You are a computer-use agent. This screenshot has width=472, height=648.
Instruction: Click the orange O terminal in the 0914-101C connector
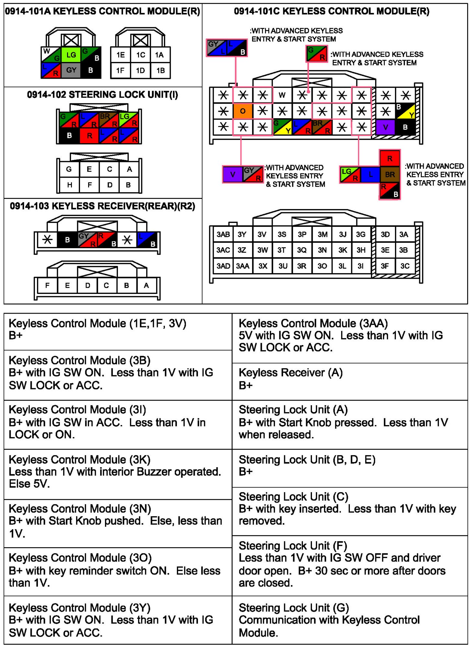tap(243, 111)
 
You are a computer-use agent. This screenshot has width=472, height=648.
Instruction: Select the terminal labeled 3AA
tap(243, 266)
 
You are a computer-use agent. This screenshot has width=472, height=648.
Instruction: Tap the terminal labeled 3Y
tap(242, 234)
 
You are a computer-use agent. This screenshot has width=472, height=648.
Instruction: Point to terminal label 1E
tap(121, 55)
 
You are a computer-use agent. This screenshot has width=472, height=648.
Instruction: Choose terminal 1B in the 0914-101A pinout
tap(161, 70)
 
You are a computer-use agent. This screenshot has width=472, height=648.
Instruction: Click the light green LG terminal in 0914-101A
tap(71, 55)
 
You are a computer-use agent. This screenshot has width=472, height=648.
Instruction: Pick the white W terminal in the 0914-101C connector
tap(282, 95)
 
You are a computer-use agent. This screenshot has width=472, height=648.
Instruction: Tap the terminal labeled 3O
tap(322, 266)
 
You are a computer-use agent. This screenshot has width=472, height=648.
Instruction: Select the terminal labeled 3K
tap(342, 250)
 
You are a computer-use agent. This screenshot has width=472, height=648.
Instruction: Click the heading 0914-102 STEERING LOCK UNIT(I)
tap(102, 95)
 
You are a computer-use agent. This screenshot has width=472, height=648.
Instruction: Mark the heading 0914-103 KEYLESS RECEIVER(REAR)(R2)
tap(102, 206)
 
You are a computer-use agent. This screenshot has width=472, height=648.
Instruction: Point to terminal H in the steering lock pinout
tap(69, 185)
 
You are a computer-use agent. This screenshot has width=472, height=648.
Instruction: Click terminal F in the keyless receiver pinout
tap(47, 285)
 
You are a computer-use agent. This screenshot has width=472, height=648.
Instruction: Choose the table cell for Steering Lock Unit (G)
tap(350, 619)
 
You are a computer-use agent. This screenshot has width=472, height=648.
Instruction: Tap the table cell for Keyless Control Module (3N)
tap(118, 521)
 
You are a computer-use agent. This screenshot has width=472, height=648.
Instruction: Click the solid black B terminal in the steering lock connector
tap(69, 135)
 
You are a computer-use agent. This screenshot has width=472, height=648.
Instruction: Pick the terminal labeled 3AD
tap(223, 266)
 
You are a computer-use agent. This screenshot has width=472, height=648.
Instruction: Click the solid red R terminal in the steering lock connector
tap(89, 135)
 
